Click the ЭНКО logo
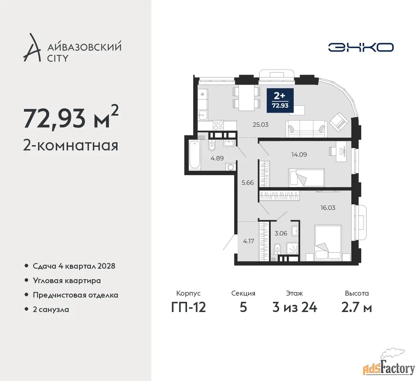(361, 47)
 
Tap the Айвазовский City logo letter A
(32, 48)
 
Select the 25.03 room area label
(261, 125)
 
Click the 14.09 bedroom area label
(299, 155)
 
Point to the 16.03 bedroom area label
(328, 208)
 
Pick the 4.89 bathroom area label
(217, 158)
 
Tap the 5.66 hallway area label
(247, 182)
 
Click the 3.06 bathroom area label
(281, 233)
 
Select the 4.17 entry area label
(248, 241)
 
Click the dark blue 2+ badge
(280, 100)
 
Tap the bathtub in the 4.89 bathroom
(195, 155)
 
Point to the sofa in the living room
(306, 129)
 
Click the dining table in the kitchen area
(247, 98)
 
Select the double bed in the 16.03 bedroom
(328, 243)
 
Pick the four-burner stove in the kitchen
(218, 125)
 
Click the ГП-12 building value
(189, 307)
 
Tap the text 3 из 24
(295, 307)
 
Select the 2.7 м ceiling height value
(357, 307)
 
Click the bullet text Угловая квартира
(67, 281)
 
